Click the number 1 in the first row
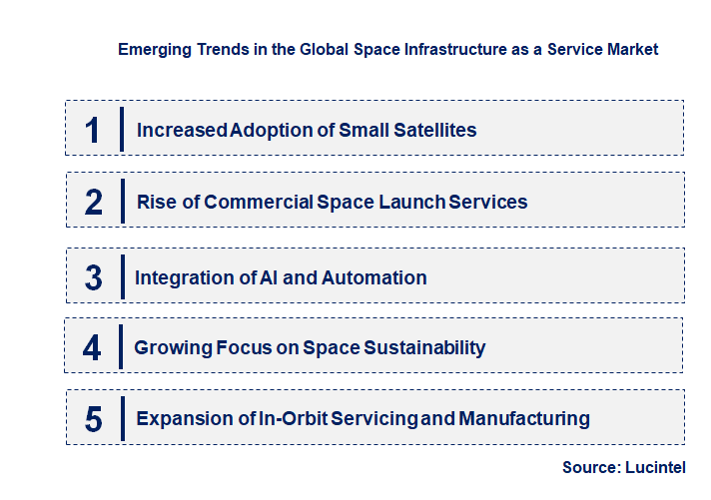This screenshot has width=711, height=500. tap(92, 130)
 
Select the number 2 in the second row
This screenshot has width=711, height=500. tap(93, 203)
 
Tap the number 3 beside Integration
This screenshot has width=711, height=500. tap(93, 277)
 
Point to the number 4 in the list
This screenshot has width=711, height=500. tap(92, 347)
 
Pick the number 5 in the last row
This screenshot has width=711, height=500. tap(93, 419)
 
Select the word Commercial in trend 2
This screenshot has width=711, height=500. tap(259, 203)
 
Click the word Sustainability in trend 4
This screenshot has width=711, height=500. tap(423, 347)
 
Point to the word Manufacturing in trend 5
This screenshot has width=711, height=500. tap(524, 418)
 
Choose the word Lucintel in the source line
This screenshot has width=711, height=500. tap(658, 467)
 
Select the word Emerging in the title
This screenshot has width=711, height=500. tap(152, 48)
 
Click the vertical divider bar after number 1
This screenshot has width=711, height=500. tap(121, 129)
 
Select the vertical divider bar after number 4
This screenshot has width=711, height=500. tap(121, 347)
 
